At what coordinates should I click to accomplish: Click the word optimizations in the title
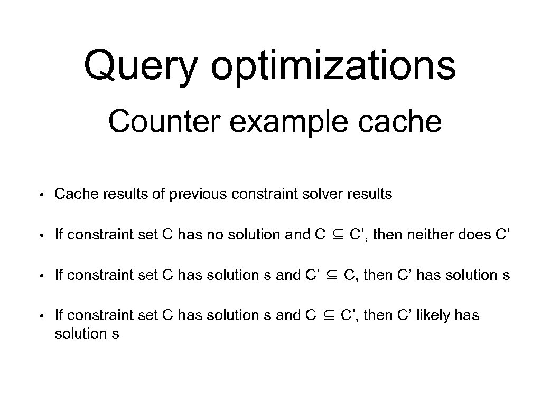(333, 66)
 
